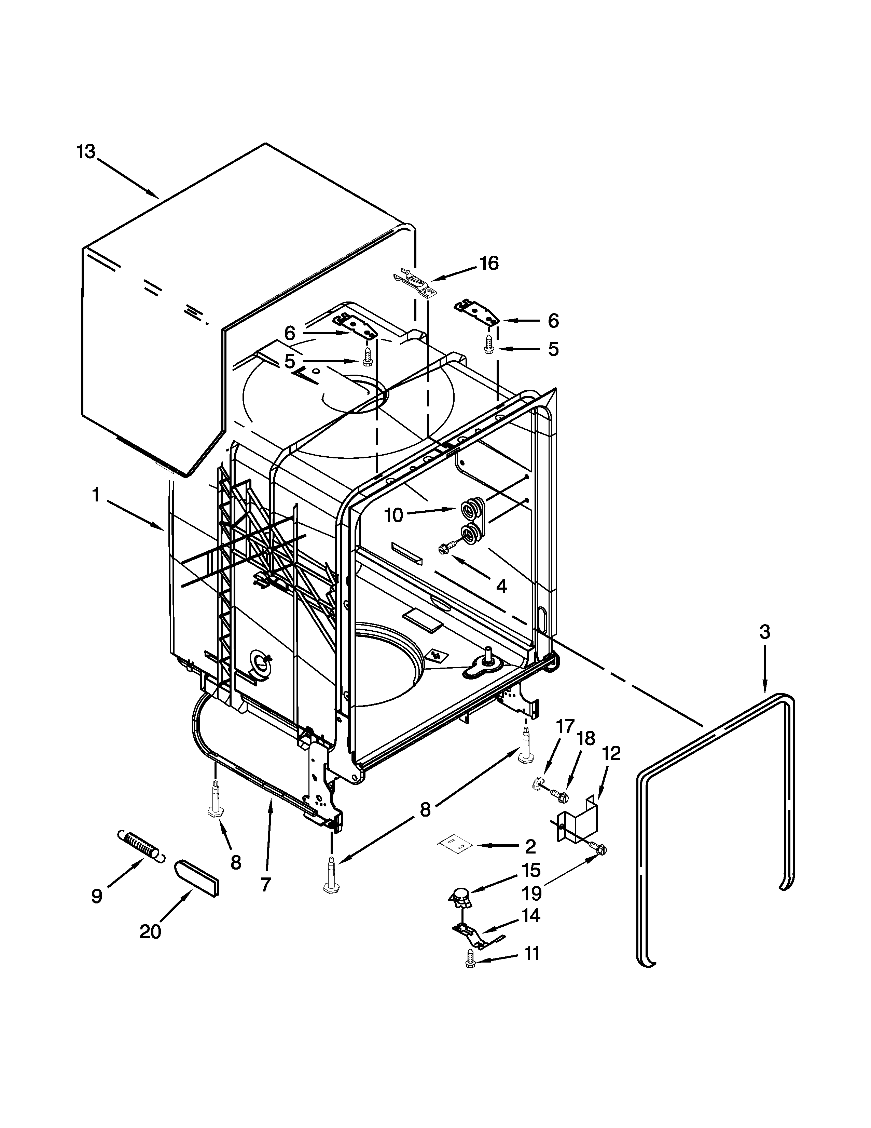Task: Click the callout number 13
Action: pos(86,152)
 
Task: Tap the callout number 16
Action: pos(489,264)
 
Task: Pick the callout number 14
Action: pos(530,915)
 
